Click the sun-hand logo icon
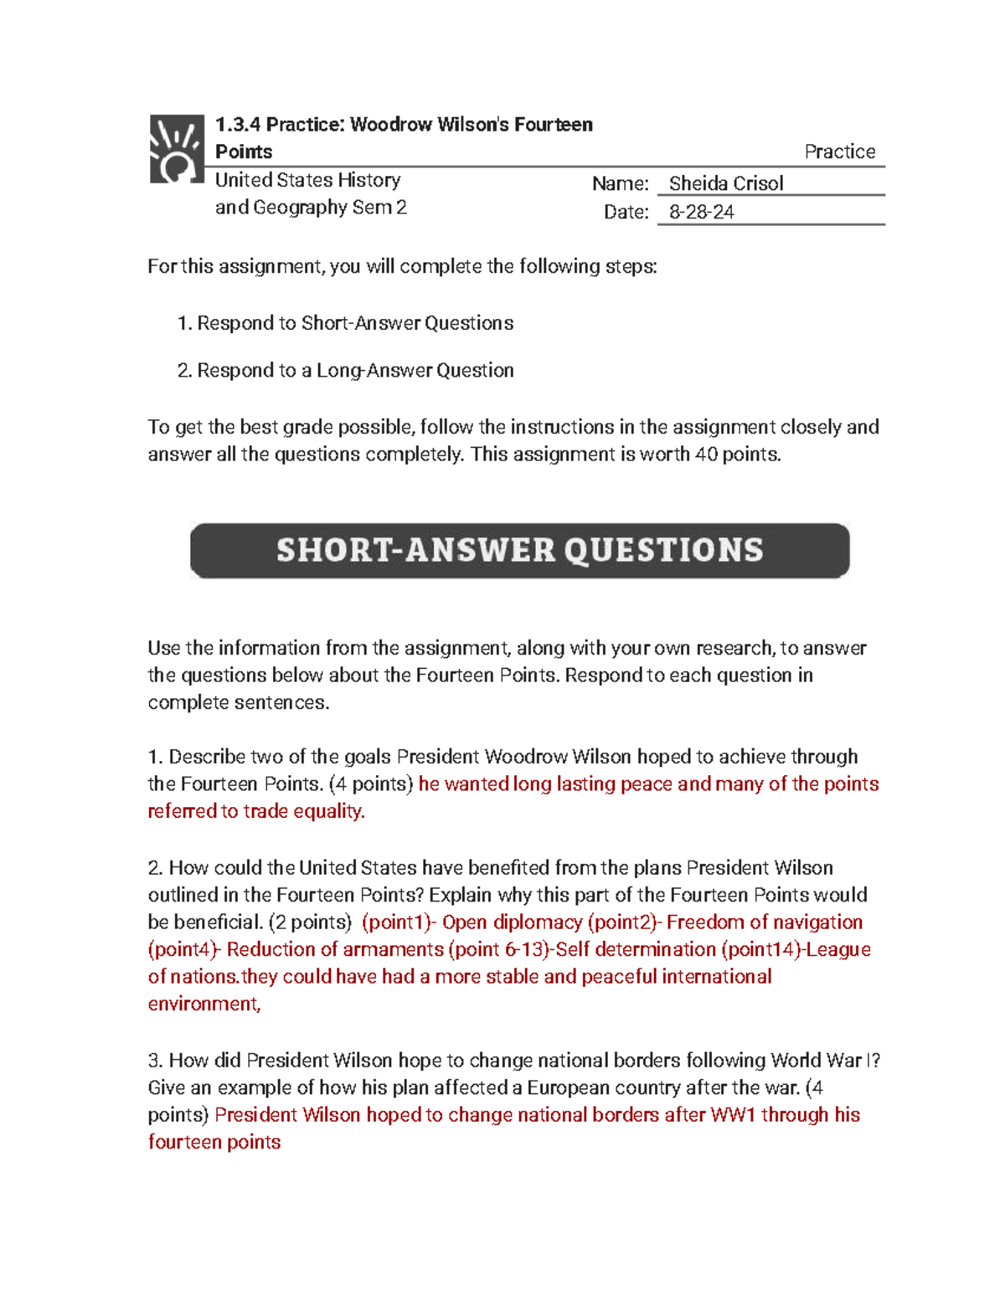pos(177,149)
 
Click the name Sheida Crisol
pos(725,183)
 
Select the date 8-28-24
pos(701,213)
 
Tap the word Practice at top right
pos(839,152)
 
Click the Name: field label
pos(620,184)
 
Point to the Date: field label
pos(626,213)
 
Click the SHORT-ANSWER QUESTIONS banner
pos(519,550)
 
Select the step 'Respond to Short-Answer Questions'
pos(355,323)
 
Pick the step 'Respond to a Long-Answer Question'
pos(355,370)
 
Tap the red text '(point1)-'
pos(399,922)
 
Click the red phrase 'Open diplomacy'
pos(512,922)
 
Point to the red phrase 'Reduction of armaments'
pos(335,949)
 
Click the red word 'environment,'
pos(204,1004)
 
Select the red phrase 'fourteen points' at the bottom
pos(214,1142)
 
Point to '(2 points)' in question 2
pos(310,922)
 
